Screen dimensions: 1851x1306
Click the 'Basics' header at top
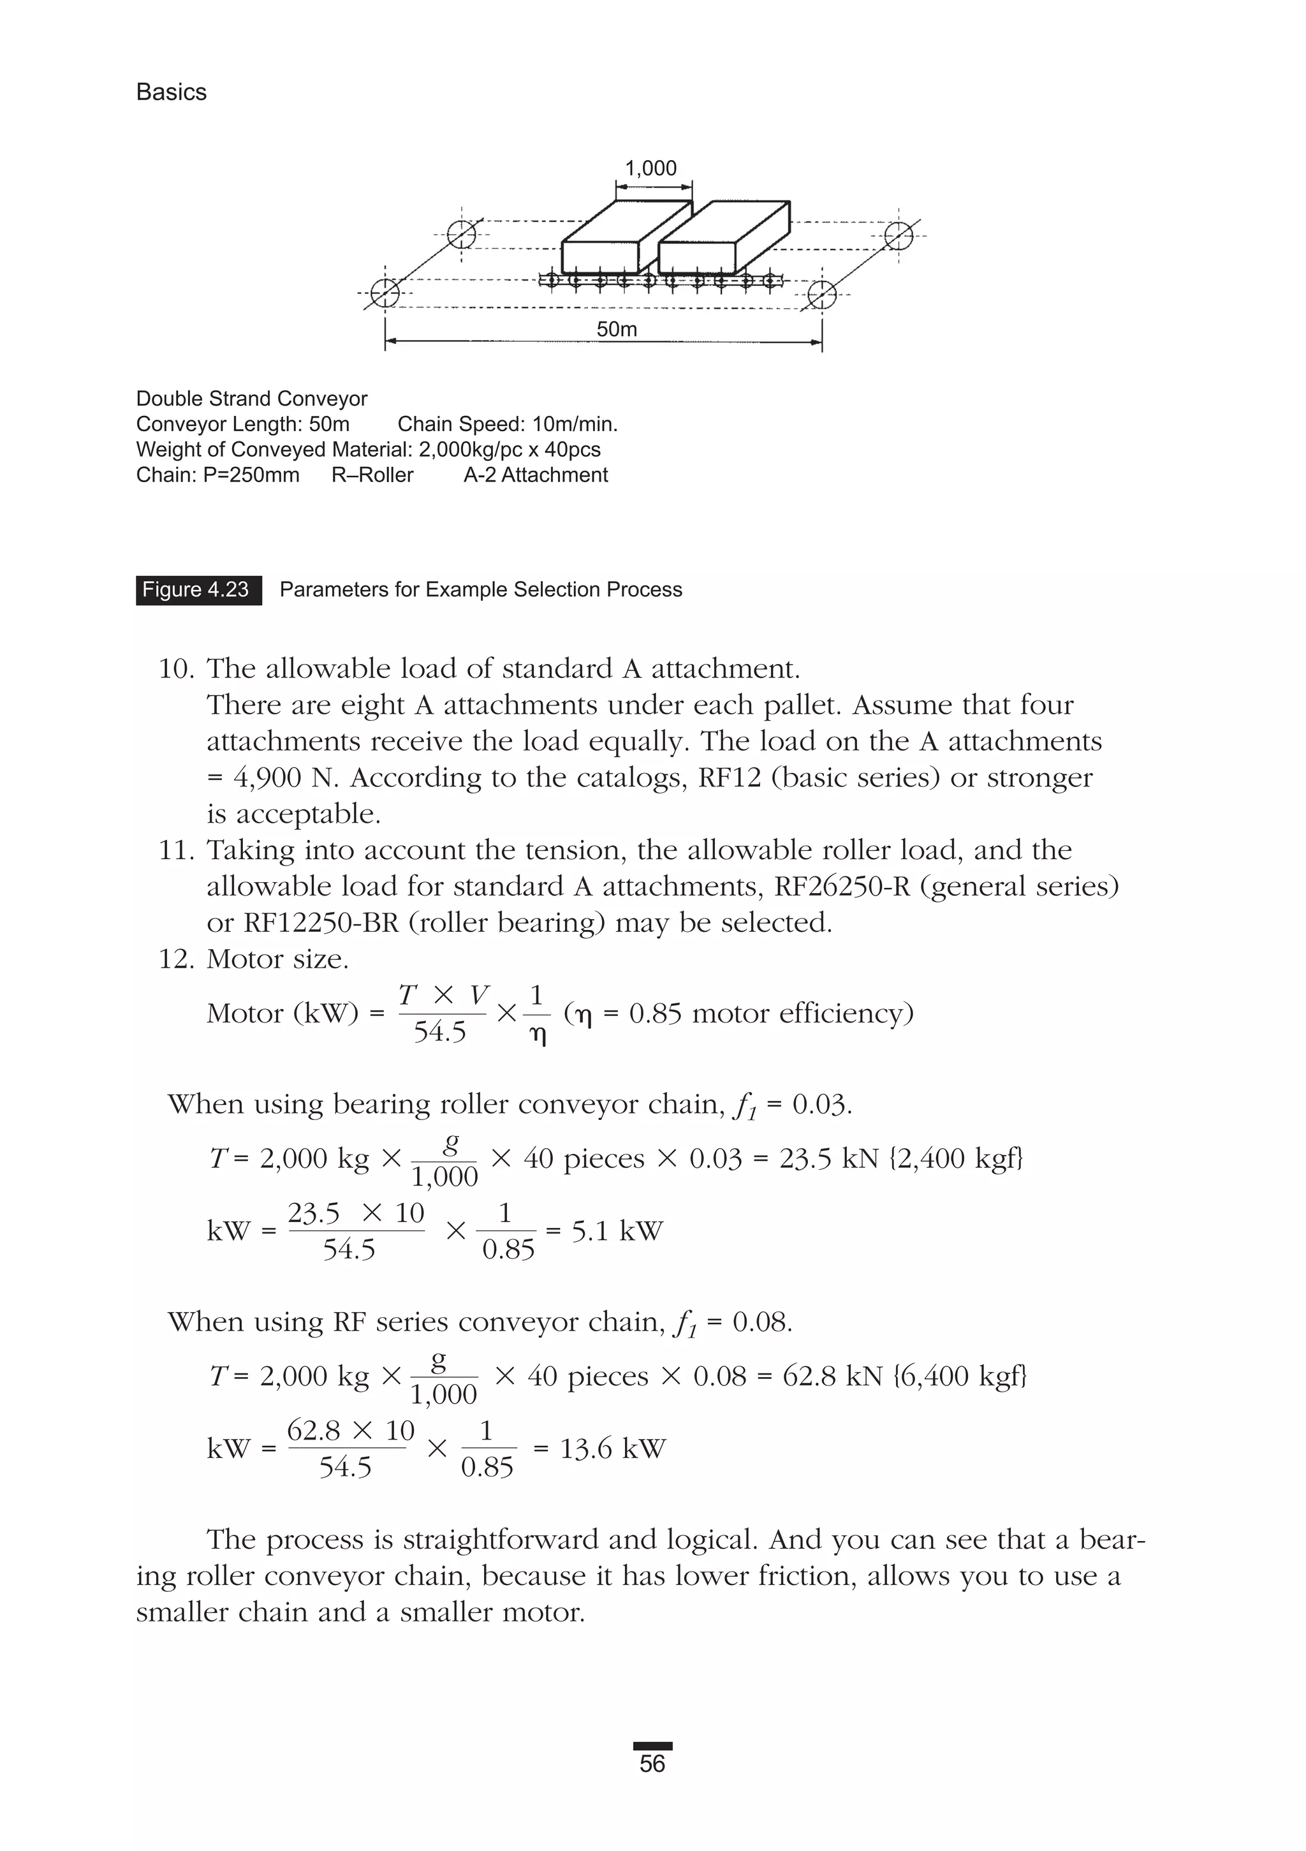pos(171,92)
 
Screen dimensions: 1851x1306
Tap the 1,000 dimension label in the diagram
pos(650,168)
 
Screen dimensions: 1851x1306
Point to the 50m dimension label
pos(617,329)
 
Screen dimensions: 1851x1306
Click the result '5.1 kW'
pos(617,1231)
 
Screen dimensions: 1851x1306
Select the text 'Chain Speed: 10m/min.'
pos(507,424)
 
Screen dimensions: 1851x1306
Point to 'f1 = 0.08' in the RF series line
pos(732,1322)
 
